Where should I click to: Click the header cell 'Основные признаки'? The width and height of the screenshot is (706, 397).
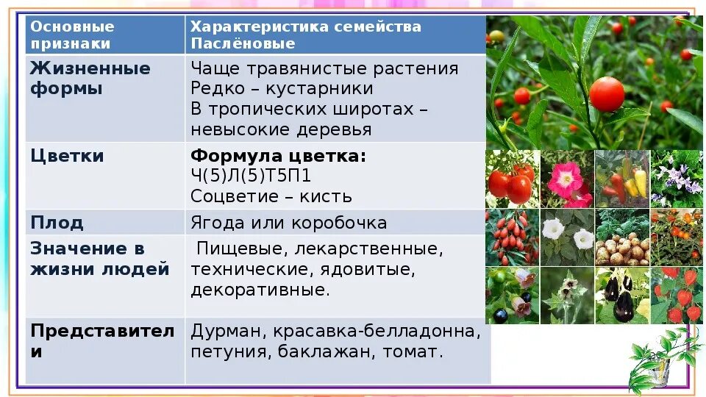(x=72, y=35)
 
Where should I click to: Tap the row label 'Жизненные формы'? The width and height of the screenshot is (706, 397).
(x=90, y=79)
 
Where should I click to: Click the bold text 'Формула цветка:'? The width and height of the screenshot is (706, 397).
(x=278, y=157)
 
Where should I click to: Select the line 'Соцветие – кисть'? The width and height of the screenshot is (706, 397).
(x=271, y=196)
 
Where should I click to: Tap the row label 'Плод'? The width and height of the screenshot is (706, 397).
(x=57, y=222)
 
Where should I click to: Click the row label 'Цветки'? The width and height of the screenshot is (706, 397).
(x=67, y=156)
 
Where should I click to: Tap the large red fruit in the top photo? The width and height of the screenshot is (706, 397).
(x=607, y=94)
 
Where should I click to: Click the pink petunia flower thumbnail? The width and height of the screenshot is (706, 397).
(x=567, y=179)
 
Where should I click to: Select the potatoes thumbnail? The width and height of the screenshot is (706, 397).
(x=621, y=237)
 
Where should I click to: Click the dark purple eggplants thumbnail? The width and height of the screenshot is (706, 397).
(x=621, y=296)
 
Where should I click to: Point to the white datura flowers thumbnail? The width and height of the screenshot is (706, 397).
(x=567, y=237)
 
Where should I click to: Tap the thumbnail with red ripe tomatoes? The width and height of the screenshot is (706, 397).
(x=512, y=179)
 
